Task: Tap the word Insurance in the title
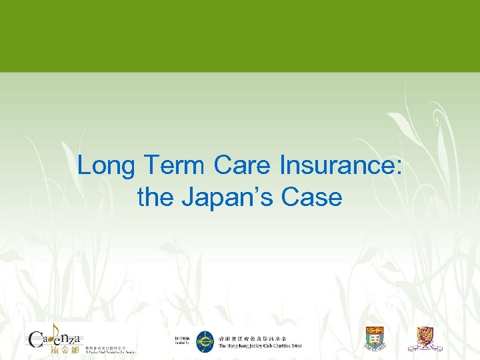pos(338,165)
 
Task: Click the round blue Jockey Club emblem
pos(205,341)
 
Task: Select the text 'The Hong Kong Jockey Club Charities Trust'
pos(260,346)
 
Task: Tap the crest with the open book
pos(374,338)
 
